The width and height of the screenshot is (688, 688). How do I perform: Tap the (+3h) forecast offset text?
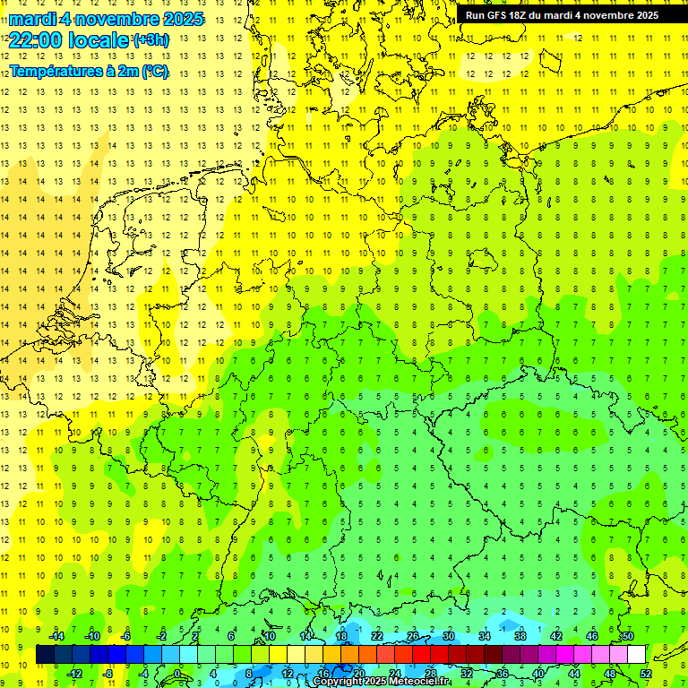(150, 39)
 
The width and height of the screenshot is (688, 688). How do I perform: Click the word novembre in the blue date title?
(116, 19)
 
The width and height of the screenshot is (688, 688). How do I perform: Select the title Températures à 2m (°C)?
(89, 71)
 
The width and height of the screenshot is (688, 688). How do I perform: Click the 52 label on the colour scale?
(646, 674)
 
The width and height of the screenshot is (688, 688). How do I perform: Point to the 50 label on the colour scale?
(627, 636)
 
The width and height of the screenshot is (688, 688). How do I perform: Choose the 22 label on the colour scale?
(376, 636)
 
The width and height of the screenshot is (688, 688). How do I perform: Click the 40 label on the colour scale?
(537, 674)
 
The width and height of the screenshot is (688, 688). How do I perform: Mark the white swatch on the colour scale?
(636, 655)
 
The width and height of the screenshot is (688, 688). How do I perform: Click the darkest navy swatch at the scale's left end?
(45, 655)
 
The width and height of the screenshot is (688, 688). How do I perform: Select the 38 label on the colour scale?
(520, 636)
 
